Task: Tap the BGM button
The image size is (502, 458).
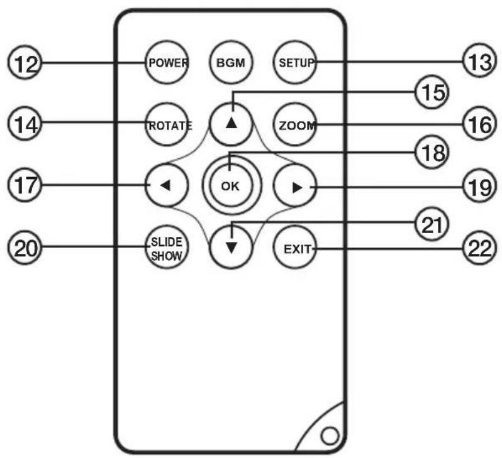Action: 231,62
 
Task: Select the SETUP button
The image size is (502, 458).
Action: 295,62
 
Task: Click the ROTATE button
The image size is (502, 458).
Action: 167,124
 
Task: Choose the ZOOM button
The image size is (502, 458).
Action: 295,124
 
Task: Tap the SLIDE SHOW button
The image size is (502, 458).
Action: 167,248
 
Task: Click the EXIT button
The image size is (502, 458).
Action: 295,248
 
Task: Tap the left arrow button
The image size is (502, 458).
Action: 167,185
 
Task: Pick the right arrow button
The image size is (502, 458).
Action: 295,185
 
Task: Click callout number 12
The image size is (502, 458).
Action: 25,62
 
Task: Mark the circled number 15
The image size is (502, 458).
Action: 432,92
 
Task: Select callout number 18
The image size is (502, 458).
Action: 432,153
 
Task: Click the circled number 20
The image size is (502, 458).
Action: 25,248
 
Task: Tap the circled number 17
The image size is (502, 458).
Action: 25,185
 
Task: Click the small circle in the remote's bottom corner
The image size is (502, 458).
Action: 330,435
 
